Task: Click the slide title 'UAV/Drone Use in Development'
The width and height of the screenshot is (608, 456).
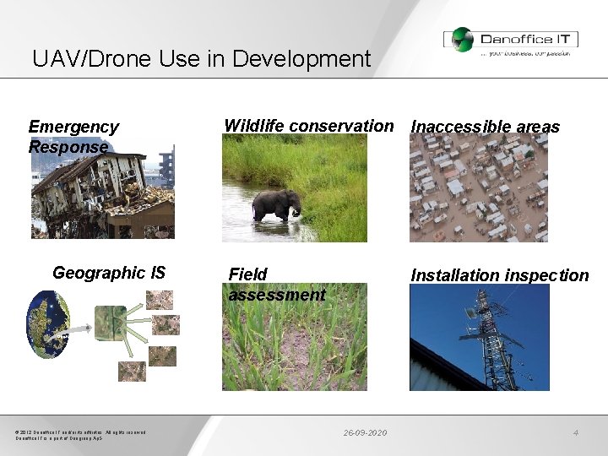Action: click(x=201, y=59)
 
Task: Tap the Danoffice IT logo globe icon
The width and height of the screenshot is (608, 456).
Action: click(x=461, y=39)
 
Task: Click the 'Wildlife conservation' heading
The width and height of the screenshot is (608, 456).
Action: click(x=308, y=126)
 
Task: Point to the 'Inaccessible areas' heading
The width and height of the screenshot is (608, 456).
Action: click(x=485, y=127)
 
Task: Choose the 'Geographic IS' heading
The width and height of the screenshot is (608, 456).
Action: click(x=109, y=273)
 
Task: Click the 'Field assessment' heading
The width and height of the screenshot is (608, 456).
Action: click(x=276, y=285)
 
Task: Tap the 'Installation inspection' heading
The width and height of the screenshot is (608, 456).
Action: click(x=499, y=275)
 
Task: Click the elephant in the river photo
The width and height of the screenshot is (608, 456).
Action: click(x=276, y=205)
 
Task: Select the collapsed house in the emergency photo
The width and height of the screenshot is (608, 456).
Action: click(x=93, y=193)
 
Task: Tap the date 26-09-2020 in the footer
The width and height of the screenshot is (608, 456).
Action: click(x=365, y=433)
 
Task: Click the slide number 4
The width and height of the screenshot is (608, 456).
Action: click(x=575, y=433)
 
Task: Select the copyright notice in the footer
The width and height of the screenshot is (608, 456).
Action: click(x=80, y=436)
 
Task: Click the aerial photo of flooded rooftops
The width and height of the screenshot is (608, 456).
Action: click(x=478, y=188)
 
